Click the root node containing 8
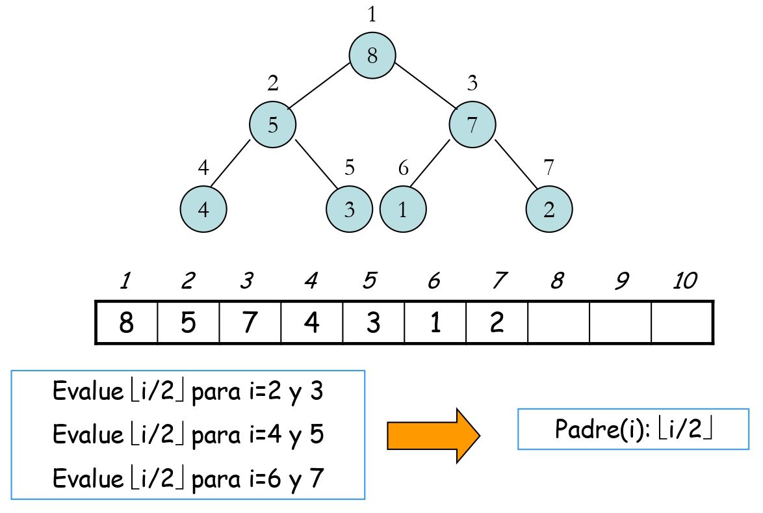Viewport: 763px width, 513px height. [x=372, y=56]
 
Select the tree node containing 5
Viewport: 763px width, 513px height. [x=273, y=124]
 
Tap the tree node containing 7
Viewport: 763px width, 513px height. [x=472, y=124]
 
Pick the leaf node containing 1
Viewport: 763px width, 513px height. [x=403, y=209]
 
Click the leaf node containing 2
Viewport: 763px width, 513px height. [x=549, y=209]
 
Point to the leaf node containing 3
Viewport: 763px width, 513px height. [x=349, y=209]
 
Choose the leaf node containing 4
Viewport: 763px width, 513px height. [x=203, y=209]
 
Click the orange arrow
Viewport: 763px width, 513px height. [x=433, y=435]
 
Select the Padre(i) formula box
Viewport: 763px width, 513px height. [x=633, y=429]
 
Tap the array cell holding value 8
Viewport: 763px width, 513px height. [x=127, y=322]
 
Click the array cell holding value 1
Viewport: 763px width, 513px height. [x=435, y=322]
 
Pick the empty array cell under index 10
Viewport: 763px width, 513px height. [x=682, y=322]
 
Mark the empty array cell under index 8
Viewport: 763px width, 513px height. [x=558, y=322]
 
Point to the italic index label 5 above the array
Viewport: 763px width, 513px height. [x=370, y=281]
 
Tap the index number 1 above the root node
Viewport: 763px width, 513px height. [x=372, y=14]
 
